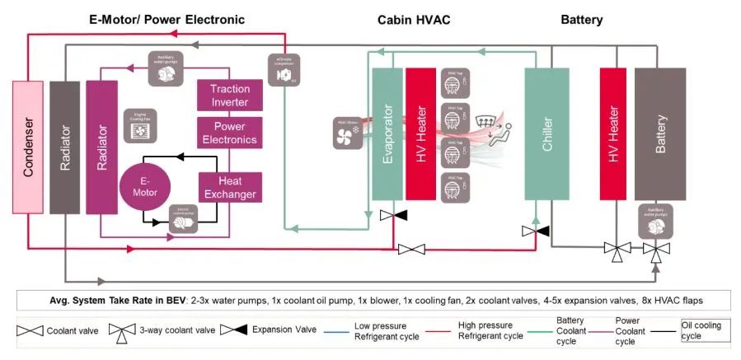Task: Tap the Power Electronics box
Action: (x=230, y=133)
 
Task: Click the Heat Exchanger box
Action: (x=230, y=187)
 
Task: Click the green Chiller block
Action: (x=548, y=134)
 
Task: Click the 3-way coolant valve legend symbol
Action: (x=121, y=332)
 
